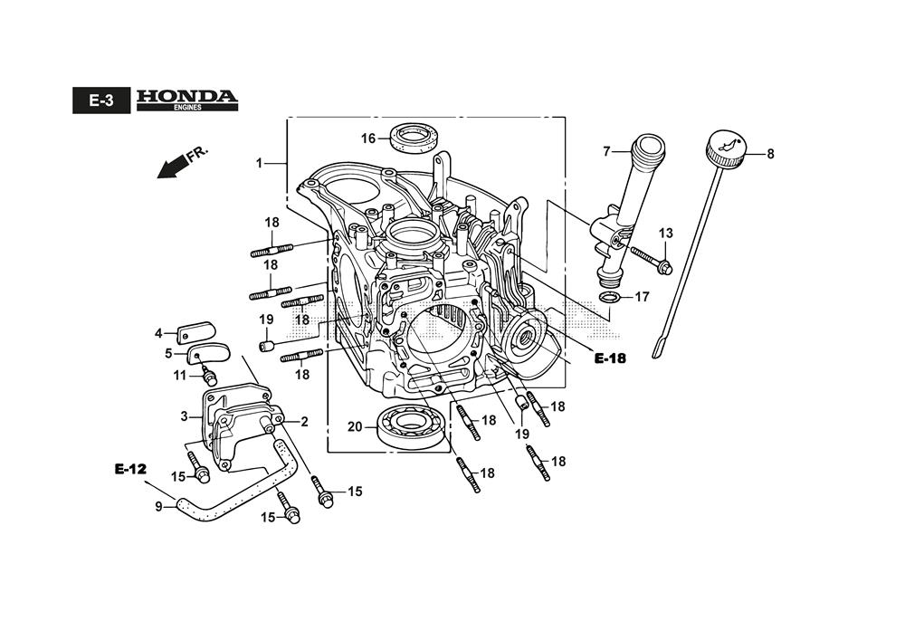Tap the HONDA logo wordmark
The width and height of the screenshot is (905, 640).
186,96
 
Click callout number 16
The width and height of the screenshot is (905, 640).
368,139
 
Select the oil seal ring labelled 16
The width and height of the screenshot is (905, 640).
414,139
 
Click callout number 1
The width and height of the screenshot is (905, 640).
259,163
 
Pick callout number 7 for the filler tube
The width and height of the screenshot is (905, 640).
607,150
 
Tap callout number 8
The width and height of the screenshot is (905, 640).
770,154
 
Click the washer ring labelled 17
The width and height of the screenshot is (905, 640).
610,298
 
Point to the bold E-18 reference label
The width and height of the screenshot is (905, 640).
610,358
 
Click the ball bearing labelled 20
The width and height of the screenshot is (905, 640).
411,425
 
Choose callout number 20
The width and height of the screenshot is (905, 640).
355,426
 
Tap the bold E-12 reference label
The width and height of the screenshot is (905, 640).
130,469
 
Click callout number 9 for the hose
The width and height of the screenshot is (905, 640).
159,507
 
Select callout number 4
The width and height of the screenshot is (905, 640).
158,333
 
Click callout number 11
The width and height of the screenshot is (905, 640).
179,376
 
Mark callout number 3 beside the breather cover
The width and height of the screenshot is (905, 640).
184,416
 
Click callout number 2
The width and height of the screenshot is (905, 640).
304,421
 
